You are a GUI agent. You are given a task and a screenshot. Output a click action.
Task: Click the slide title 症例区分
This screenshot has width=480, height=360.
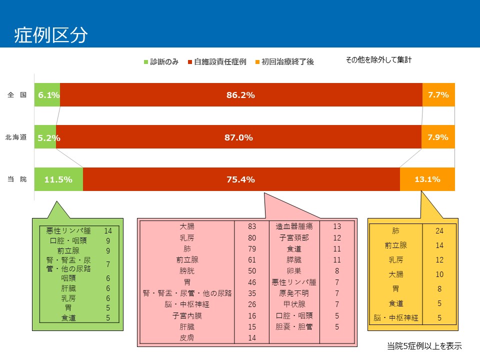tap(51, 35)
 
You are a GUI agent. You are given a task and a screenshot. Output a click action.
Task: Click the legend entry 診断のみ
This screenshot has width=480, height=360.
tap(161, 62)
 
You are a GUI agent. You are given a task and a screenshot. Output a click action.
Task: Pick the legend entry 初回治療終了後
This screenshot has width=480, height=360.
tap(284, 62)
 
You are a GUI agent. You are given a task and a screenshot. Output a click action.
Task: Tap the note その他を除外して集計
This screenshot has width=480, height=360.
tap(378, 60)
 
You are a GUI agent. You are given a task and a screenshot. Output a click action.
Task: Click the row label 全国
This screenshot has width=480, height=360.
tap(17, 94)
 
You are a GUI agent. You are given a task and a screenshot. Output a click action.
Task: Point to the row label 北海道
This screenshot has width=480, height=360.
tap(16, 137)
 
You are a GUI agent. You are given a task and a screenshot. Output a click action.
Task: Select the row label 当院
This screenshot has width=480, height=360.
tap(17, 179)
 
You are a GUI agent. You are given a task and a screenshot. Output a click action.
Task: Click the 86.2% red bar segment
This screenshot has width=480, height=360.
tap(240, 95)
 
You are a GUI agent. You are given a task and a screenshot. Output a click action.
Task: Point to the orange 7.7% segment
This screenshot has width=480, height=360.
tap(438, 95)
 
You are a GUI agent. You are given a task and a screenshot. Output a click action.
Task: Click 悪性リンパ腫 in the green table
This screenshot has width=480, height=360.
tap(68, 231)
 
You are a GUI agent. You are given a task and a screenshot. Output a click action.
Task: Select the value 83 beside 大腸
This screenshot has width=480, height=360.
tap(252, 226)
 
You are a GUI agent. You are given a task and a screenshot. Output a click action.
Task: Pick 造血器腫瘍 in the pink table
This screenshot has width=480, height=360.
tap(294, 226)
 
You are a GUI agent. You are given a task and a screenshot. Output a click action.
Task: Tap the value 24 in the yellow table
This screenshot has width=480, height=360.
tap(439, 231)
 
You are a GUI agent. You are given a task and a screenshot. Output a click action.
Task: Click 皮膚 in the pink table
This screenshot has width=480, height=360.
tap(187, 337)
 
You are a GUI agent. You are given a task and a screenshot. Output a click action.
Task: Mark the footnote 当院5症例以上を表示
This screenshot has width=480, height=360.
tap(424, 345)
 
